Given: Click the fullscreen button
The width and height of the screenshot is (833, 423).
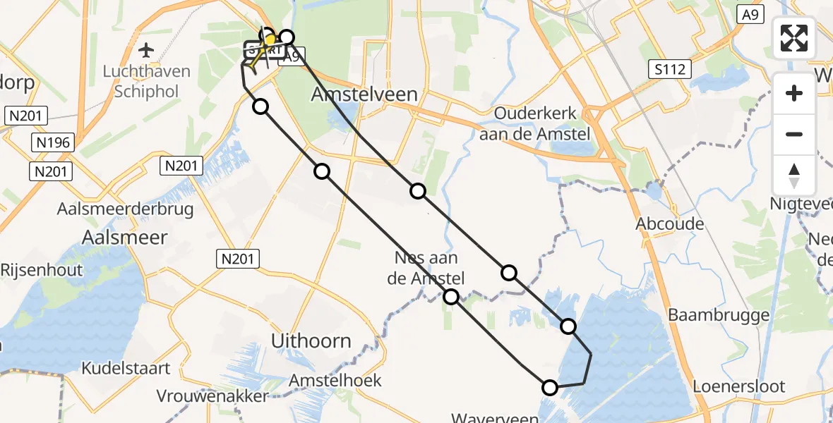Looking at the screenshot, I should (x=794, y=37).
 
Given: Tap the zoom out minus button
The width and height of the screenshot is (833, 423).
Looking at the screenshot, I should (x=794, y=134).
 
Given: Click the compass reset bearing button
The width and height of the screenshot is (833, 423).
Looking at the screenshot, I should (x=794, y=176).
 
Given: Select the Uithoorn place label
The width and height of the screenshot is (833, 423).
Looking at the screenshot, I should (x=311, y=341).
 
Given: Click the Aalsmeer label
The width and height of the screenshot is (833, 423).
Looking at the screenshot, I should (x=125, y=237).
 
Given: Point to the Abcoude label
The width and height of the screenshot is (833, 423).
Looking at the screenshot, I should (x=670, y=223).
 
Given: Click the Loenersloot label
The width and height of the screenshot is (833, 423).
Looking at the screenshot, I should (x=738, y=386).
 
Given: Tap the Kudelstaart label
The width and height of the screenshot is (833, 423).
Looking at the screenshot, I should (x=126, y=368).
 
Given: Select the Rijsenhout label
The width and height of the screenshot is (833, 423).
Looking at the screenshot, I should (x=42, y=269).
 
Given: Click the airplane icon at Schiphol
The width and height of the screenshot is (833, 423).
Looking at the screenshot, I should (x=146, y=50).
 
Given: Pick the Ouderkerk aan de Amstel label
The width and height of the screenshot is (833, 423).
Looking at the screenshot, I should (x=535, y=123).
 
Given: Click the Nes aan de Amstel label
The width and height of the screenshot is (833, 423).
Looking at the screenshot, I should (x=426, y=268).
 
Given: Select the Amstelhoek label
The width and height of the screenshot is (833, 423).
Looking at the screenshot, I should (x=335, y=380).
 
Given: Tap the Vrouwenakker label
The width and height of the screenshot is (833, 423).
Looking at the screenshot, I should (x=212, y=396).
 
